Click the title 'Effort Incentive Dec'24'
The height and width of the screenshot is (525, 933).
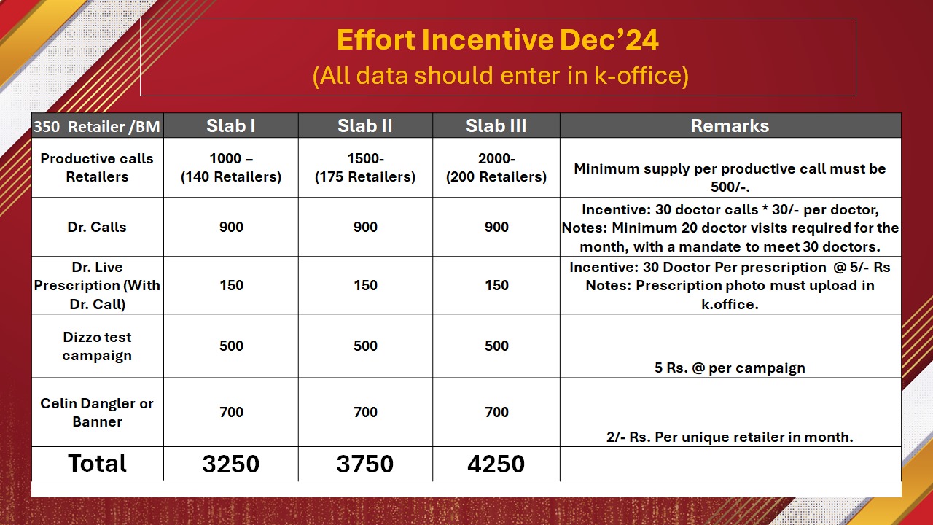click(x=498, y=40)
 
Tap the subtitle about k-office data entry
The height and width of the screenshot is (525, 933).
click(x=500, y=75)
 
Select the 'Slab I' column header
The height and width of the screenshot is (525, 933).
click(x=231, y=126)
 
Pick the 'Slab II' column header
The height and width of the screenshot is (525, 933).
click(x=365, y=126)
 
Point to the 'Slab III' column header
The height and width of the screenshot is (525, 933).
click(x=496, y=126)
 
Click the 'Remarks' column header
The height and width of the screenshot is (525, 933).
click(x=730, y=126)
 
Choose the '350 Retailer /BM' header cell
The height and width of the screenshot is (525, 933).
click(x=97, y=126)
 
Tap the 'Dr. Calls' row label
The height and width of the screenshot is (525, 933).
click(x=97, y=227)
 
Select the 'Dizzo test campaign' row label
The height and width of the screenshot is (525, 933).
click(x=97, y=346)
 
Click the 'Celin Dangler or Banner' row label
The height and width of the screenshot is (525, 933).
click(x=97, y=413)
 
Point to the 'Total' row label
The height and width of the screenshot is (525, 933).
click(x=97, y=463)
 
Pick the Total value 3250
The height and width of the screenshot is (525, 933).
click(x=231, y=464)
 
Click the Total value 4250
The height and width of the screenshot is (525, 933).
click(x=496, y=464)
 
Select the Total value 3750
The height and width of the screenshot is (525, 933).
click(x=365, y=464)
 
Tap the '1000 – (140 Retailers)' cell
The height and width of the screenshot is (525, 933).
click(x=231, y=168)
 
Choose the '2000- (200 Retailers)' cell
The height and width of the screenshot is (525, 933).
click(x=496, y=168)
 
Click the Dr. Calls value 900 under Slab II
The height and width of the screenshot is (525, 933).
click(x=365, y=227)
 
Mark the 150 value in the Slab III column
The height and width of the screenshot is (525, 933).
click(x=496, y=285)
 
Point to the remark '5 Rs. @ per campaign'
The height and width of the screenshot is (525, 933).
click(x=730, y=368)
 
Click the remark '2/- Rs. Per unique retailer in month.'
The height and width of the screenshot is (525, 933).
click(x=730, y=437)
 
